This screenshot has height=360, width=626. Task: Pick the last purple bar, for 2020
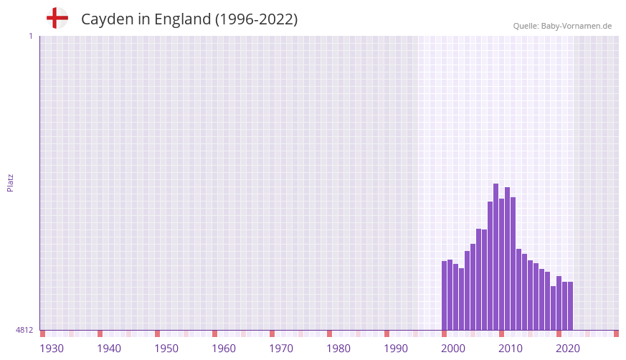tap(570, 305)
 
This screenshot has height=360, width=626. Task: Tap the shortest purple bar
tap(553, 308)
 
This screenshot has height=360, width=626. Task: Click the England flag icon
tap(57, 19)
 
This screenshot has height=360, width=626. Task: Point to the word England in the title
tap(182, 19)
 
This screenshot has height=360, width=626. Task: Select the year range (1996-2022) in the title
tap(256, 19)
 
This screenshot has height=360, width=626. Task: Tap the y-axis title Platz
tap(10, 183)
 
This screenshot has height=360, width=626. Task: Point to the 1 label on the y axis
tap(31, 36)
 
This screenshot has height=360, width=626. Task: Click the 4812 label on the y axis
tap(24, 330)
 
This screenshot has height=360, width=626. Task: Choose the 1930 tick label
tap(52, 349)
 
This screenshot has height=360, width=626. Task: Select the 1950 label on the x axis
tap(166, 349)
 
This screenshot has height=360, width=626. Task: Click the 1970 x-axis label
tap(281, 349)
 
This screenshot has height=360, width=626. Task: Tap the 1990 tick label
tap(396, 349)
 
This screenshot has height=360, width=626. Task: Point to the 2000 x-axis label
tap(453, 349)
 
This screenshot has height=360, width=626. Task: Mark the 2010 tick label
tap(511, 349)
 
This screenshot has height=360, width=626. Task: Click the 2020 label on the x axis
tap(568, 349)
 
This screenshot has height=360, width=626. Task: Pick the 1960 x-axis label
tap(224, 349)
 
